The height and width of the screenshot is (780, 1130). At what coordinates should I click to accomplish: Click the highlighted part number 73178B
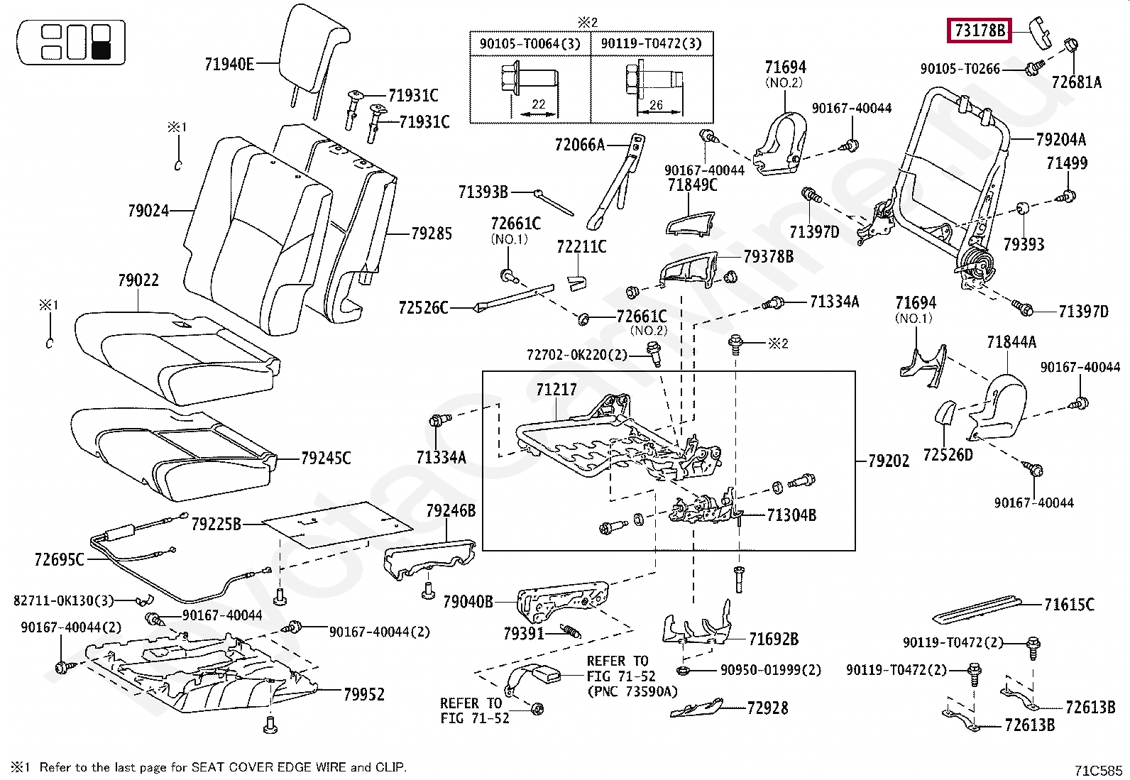pos(980,31)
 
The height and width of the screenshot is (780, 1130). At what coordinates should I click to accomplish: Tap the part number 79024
pos(148,211)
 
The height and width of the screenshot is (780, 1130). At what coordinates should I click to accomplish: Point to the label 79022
pos(138,280)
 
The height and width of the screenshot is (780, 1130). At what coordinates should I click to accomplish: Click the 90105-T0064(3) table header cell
pos(530,44)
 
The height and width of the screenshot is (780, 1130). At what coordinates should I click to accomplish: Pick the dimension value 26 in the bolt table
pos(655,105)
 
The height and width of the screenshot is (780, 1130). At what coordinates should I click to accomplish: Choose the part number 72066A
pos(580,145)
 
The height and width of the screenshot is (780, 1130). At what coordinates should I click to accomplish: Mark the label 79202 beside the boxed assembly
pos(888,461)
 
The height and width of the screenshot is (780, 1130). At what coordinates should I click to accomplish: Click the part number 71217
pos(556,390)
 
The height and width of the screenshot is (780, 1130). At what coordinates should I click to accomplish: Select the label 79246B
pos(451,510)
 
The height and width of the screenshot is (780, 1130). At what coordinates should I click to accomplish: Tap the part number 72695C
pos(59,560)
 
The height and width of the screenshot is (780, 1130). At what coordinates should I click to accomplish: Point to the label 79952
pos(363,694)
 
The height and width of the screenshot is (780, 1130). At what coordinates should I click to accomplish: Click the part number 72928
pos(767,708)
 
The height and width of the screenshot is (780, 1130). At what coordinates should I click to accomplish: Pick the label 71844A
pos(1011,343)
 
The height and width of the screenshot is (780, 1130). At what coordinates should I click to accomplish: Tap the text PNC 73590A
pos(631,691)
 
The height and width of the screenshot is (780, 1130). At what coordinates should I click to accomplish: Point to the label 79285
pos(432,234)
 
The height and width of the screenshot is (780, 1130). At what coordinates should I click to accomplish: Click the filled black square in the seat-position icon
pos(101,49)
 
